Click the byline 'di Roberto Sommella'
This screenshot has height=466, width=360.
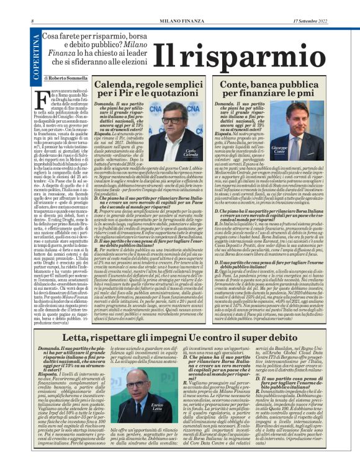[x=66, y=79]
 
